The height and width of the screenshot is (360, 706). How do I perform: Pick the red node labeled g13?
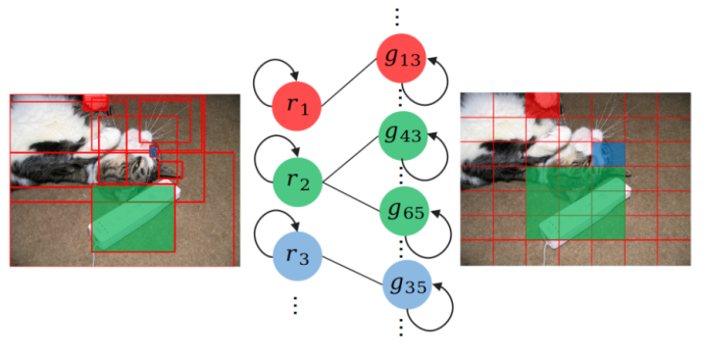pos(403,59)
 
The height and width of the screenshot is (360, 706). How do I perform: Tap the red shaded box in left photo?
pos(97,102)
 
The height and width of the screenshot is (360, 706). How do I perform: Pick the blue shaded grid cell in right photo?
pos(608,154)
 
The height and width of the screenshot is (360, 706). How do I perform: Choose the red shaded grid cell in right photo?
pos(542,105)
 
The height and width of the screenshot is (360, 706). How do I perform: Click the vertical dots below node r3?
pos(295,306)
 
